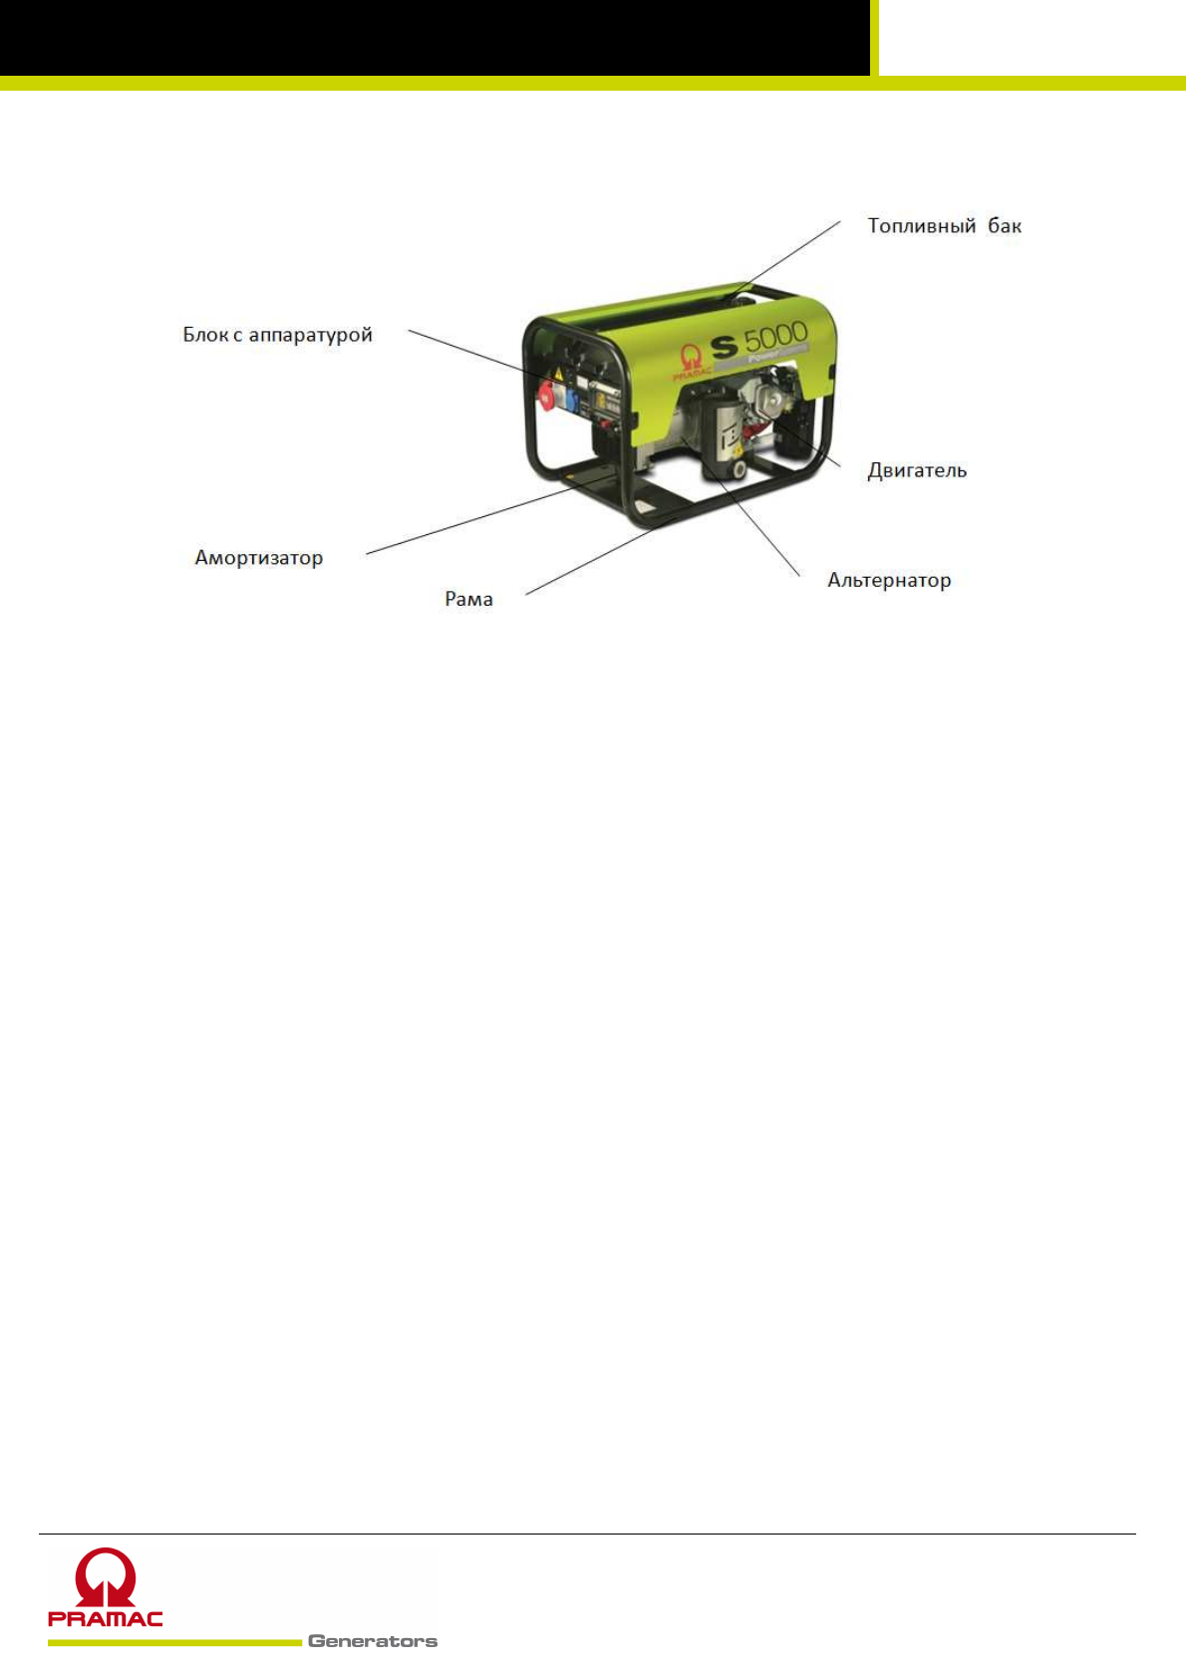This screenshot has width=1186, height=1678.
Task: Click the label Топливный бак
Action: [x=944, y=226]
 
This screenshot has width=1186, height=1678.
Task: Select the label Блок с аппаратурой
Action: [x=277, y=335]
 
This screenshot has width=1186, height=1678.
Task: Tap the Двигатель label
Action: [x=917, y=470]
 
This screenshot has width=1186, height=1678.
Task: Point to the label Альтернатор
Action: [x=889, y=580]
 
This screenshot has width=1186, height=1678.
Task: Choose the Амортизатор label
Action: [x=258, y=558]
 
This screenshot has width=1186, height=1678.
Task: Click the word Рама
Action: [x=468, y=599]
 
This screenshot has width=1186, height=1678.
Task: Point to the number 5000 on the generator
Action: [x=775, y=337]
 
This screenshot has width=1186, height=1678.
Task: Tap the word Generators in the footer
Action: [x=373, y=1641]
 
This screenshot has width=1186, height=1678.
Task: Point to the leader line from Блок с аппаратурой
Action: [x=468, y=353]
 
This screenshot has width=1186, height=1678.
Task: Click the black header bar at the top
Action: [x=434, y=37]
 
